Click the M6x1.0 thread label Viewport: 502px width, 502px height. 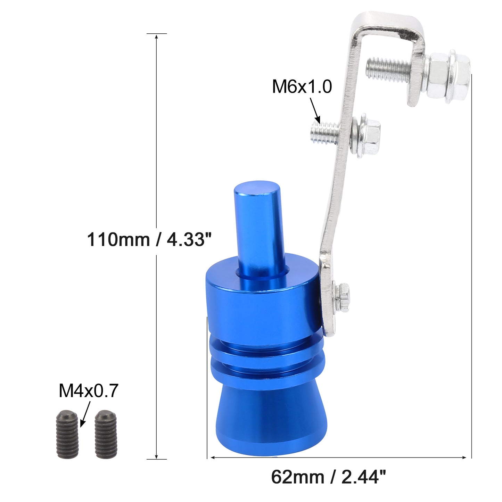coord(302,87)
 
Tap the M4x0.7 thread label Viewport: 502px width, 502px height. coord(89,391)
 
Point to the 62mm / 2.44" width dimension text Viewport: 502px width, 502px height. coord(328,477)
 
